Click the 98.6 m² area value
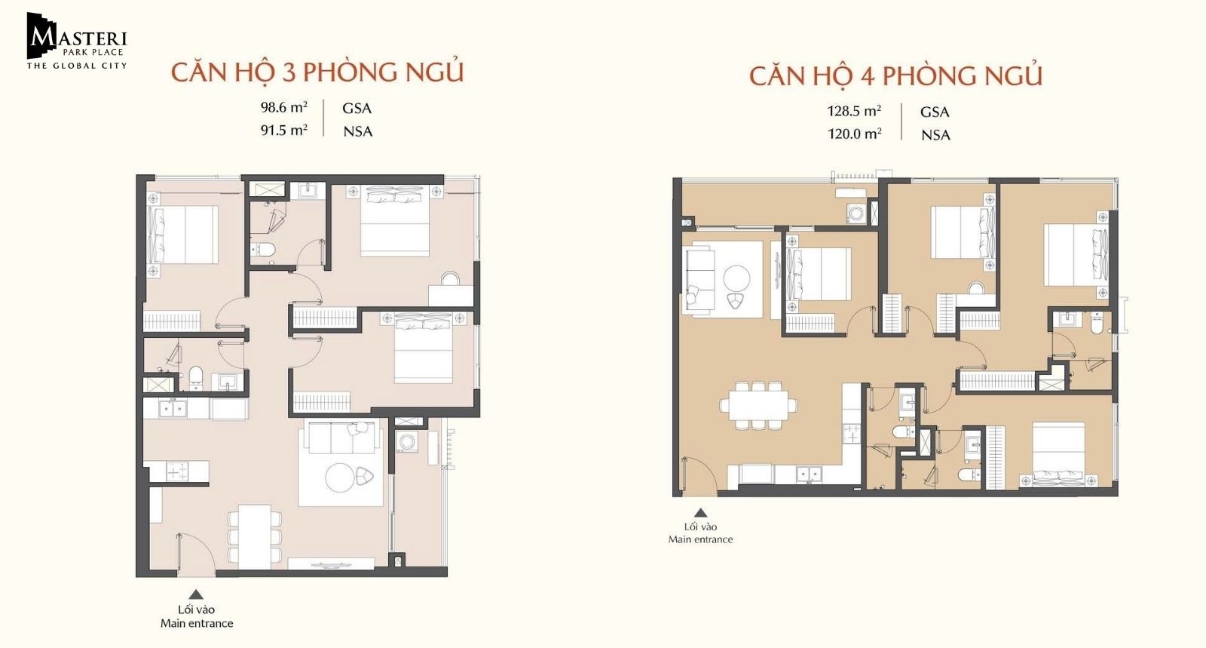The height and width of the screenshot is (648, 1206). click(x=283, y=107)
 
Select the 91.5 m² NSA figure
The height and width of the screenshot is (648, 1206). click(x=283, y=131)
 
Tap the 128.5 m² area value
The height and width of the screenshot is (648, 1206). click(x=854, y=111)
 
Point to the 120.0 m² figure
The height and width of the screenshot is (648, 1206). click(x=855, y=134)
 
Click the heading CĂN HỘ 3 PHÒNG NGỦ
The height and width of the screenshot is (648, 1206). click(x=317, y=72)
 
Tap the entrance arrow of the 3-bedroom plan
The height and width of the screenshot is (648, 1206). click(x=196, y=594)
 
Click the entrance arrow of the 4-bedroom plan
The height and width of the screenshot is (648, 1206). click(x=700, y=513)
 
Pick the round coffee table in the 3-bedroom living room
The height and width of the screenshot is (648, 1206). click(x=340, y=477)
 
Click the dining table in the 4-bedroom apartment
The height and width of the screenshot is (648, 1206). click(x=759, y=405)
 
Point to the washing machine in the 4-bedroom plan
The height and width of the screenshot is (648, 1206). click(x=856, y=213)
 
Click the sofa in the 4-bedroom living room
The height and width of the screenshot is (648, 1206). click(x=699, y=279)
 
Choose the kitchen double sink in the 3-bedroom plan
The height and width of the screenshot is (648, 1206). click(x=173, y=408)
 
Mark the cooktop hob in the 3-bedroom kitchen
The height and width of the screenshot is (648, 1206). click(x=176, y=472)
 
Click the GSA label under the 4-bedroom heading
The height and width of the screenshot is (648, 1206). click(x=935, y=112)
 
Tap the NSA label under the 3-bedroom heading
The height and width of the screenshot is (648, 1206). click(x=358, y=131)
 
